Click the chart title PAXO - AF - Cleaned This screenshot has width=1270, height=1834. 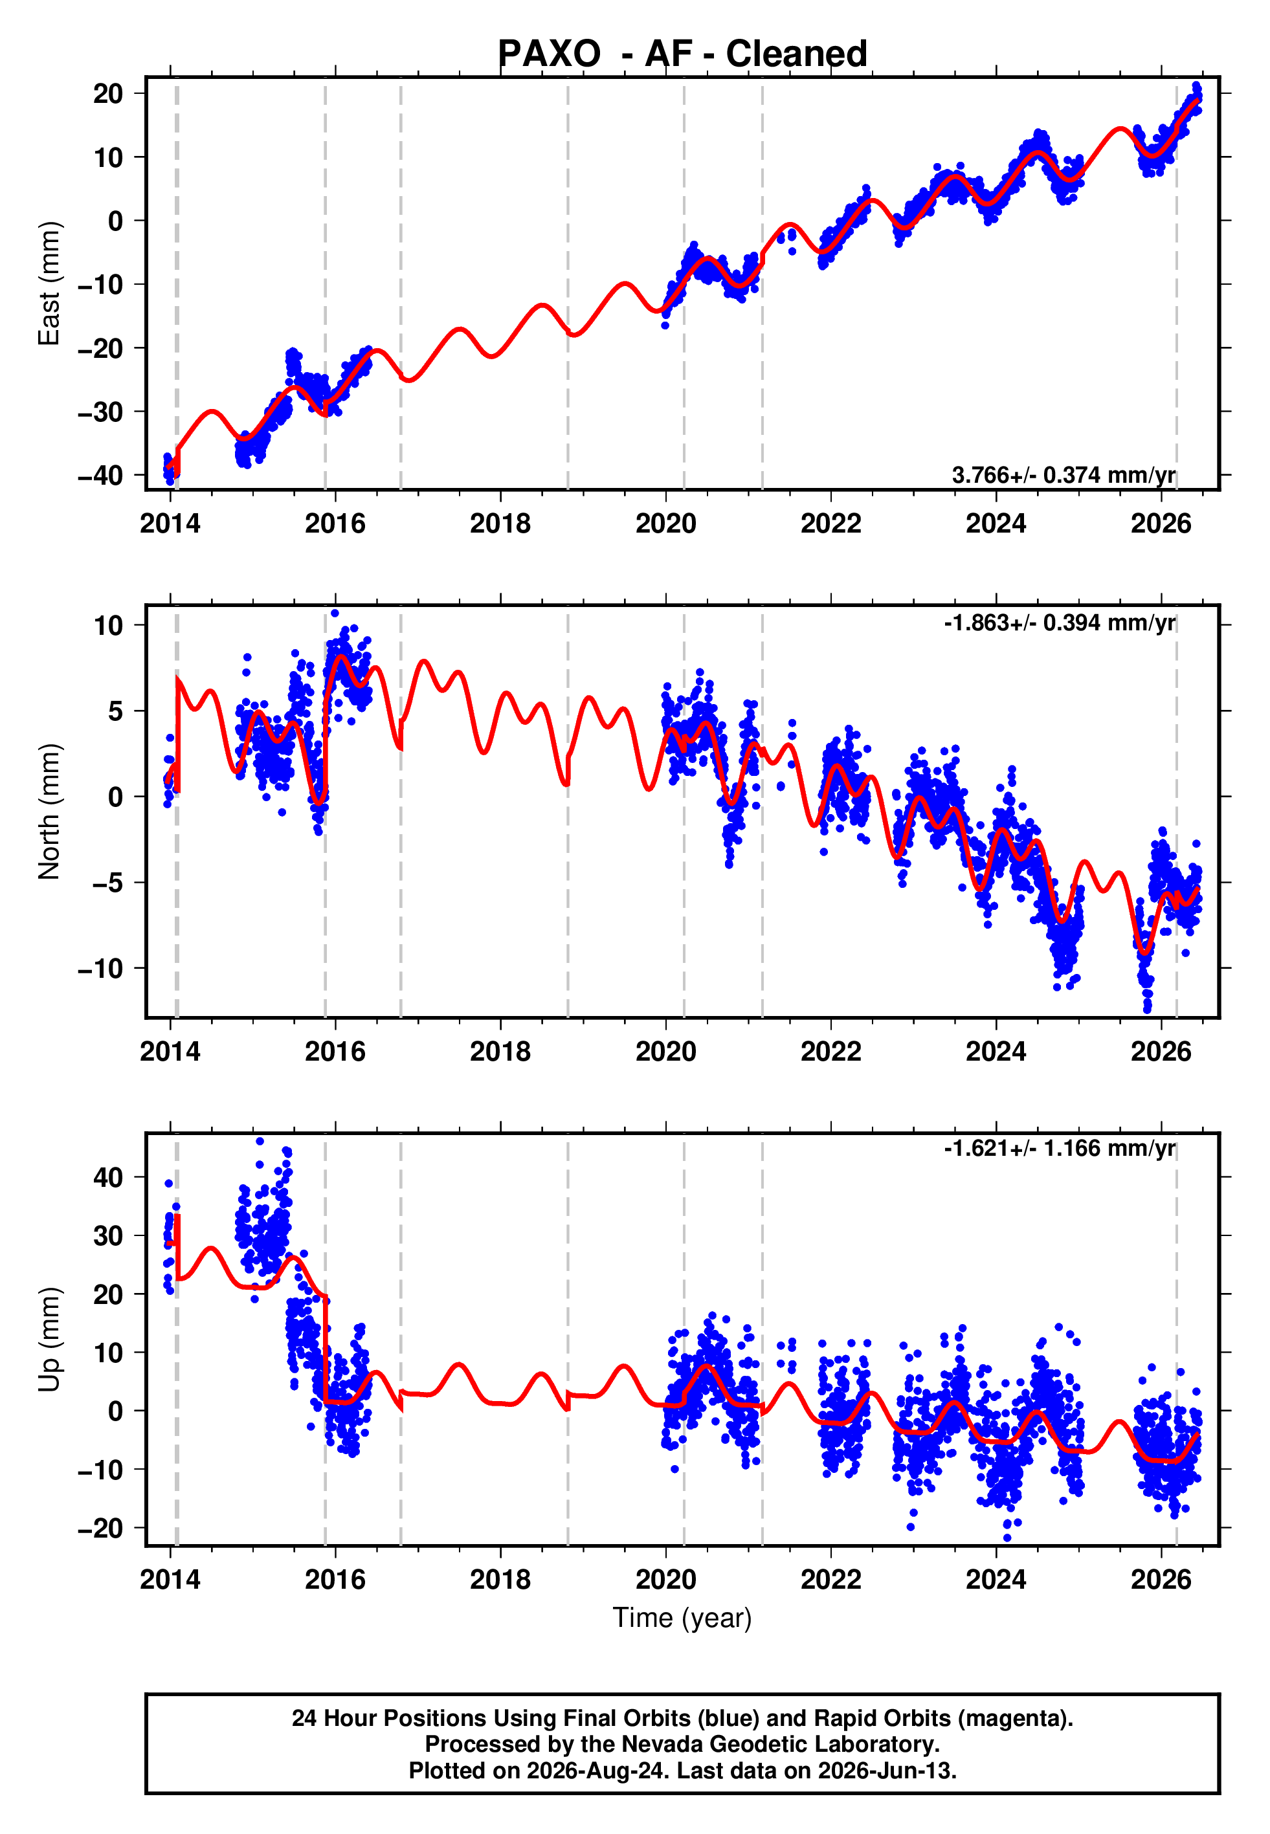[x=682, y=54]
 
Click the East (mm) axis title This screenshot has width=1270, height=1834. [x=49, y=283]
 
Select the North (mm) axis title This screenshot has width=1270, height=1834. [x=49, y=812]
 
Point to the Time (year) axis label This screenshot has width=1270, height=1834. [x=682, y=1619]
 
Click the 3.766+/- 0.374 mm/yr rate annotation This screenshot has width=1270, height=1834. [x=1063, y=475]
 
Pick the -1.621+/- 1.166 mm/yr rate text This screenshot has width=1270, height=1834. [x=1060, y=1149]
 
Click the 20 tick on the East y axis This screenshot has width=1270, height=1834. [x=108, y=94]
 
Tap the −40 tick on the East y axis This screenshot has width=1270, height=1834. [x=100, y=476]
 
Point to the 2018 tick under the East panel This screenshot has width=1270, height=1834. [x=500, y=524]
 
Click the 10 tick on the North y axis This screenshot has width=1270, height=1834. [x=108, y=625]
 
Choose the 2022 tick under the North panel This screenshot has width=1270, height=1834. [x=830, y=1052]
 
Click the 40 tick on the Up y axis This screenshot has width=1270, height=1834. [x=108, y=1177]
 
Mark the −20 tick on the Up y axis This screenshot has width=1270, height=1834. [x=100, y=1528]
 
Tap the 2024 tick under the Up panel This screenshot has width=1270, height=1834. [x=996, y=1580]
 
